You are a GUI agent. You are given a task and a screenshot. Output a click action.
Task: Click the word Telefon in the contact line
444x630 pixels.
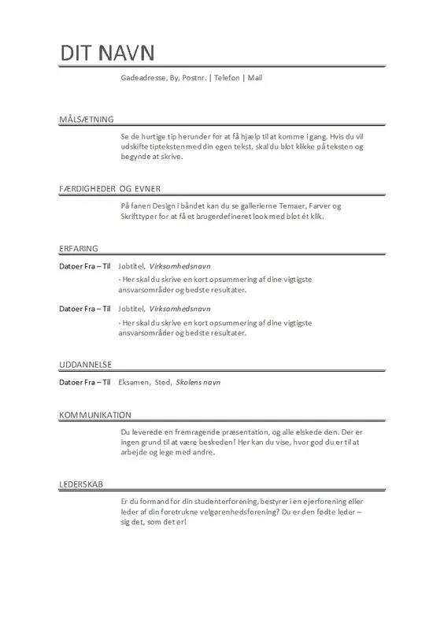[x=224, y=80]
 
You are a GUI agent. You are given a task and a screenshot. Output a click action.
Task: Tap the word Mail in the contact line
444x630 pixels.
[x=255, y=80]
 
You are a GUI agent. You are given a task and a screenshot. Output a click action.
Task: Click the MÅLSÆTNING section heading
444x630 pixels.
[x=87, y=119]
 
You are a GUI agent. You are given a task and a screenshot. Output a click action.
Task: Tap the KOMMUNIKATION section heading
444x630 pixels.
[x=94, y=415]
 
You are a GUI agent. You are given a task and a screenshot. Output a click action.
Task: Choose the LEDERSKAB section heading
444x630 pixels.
[x=82, y=484]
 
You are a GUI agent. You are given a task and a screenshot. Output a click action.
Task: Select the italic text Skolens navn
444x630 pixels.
[x=199, y=383]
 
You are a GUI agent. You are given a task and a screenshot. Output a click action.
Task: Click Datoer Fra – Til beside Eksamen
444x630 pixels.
[x=85, y=383]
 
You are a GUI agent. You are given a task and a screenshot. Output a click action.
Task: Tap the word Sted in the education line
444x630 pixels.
[x=163, y=383]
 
